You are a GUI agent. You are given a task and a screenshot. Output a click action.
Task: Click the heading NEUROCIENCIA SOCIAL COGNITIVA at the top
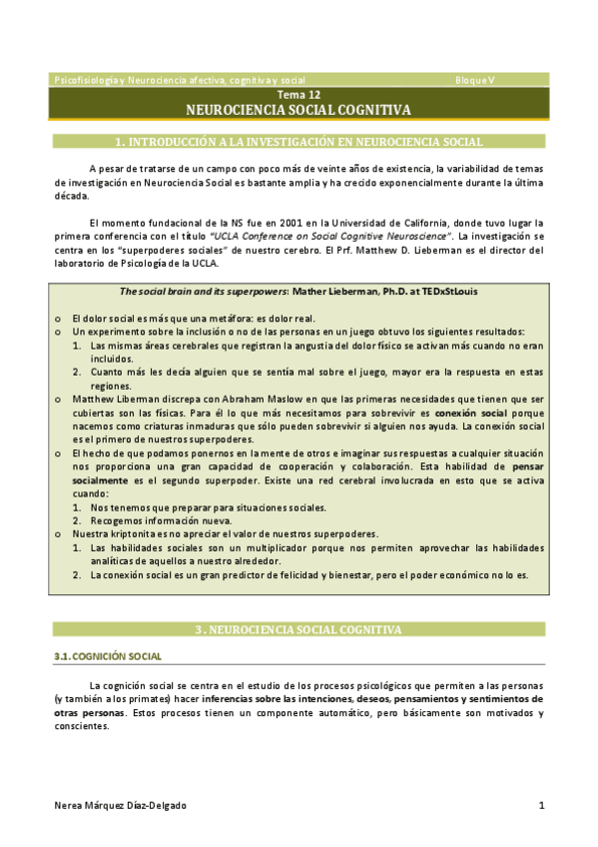299,110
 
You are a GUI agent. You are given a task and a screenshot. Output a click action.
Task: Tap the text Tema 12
299,94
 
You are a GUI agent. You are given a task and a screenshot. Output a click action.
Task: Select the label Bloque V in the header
474,79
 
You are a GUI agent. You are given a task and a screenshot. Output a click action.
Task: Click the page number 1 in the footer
540,805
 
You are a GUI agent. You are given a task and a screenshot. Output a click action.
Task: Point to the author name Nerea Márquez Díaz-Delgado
120,805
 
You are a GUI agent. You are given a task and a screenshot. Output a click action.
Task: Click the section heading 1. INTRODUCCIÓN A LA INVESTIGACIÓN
299,142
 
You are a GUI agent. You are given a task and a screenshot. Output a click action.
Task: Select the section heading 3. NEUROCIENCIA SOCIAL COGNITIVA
299,629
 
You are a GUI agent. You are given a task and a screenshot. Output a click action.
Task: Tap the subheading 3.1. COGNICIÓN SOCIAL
106,655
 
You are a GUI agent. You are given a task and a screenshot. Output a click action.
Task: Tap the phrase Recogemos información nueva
161,520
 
